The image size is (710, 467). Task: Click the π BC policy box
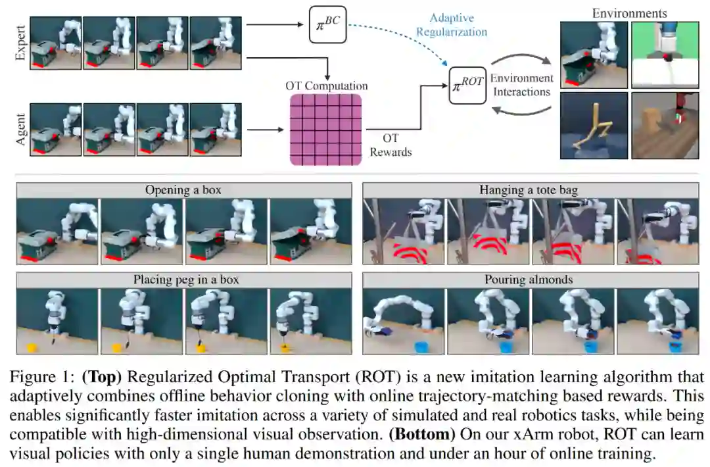pos(327,26)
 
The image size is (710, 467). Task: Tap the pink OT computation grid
pos(326,128)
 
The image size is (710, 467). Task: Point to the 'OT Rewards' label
pos(390,145)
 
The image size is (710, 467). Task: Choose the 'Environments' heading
pos(628,13)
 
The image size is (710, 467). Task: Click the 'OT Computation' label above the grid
pos(326,86)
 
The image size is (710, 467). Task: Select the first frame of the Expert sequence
pos(55,43)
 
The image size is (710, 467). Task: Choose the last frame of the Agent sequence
pos(215,129)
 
